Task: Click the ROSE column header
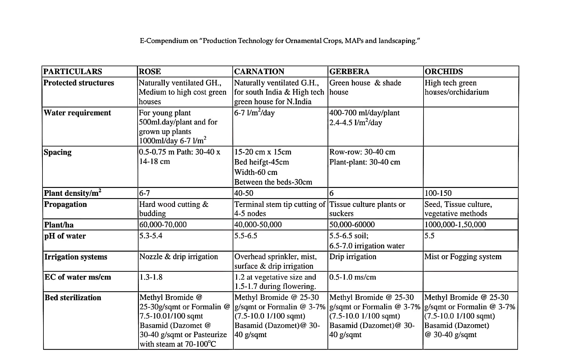click(x=150, y=71)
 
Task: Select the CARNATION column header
click(x=259, y=71)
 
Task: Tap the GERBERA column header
click(x=349, y=71)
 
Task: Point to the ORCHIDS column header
click(x=443, y=71)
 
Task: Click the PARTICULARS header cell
click(x=73, y=71)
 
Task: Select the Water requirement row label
click(x=77, y=113)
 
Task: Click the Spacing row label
click(x=58, y=152)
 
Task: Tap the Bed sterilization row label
click(x=73, y=298)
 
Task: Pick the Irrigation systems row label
click(x=76, y=257)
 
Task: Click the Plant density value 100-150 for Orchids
click(x=438, y=193)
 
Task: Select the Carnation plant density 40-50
click(x=244, y=193)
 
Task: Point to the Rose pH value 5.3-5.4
click(x=151, y=236)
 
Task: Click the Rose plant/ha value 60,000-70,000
click(x=163, y=225)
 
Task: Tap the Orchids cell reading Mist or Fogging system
click(x=463, y=257)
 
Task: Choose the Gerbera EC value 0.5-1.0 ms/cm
click(x=353, y=277)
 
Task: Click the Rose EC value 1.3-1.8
click(x=151, y=277)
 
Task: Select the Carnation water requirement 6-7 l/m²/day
click(x=254, y=113)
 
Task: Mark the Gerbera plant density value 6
click(x=332, y=193)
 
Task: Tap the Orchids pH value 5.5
click(x=430, y=236)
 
